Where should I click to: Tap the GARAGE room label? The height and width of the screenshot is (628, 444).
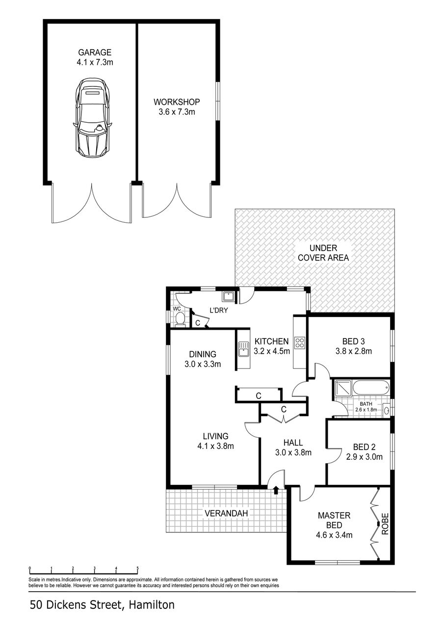tap(94, 52)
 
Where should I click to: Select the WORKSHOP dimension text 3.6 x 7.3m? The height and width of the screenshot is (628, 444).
tap(177, 112)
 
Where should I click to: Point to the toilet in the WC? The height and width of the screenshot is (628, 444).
tap(180, 319)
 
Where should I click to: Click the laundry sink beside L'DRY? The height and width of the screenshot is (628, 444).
tap(228, 296)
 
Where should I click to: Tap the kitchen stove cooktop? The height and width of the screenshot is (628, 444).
tap(299, 342)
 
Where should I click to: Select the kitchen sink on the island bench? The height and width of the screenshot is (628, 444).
tap(242, 349)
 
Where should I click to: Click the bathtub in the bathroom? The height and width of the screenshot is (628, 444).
tap(371, 388)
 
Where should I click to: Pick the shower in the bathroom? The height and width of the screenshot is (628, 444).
tap(342, 388)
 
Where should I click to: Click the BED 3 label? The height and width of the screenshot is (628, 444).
tap(353, 341)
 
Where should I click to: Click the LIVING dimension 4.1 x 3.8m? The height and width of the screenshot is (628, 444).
tap(215, 446)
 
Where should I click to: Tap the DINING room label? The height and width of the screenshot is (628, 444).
tap(203, 354)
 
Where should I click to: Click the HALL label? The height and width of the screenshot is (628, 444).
tap(293, 443)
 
